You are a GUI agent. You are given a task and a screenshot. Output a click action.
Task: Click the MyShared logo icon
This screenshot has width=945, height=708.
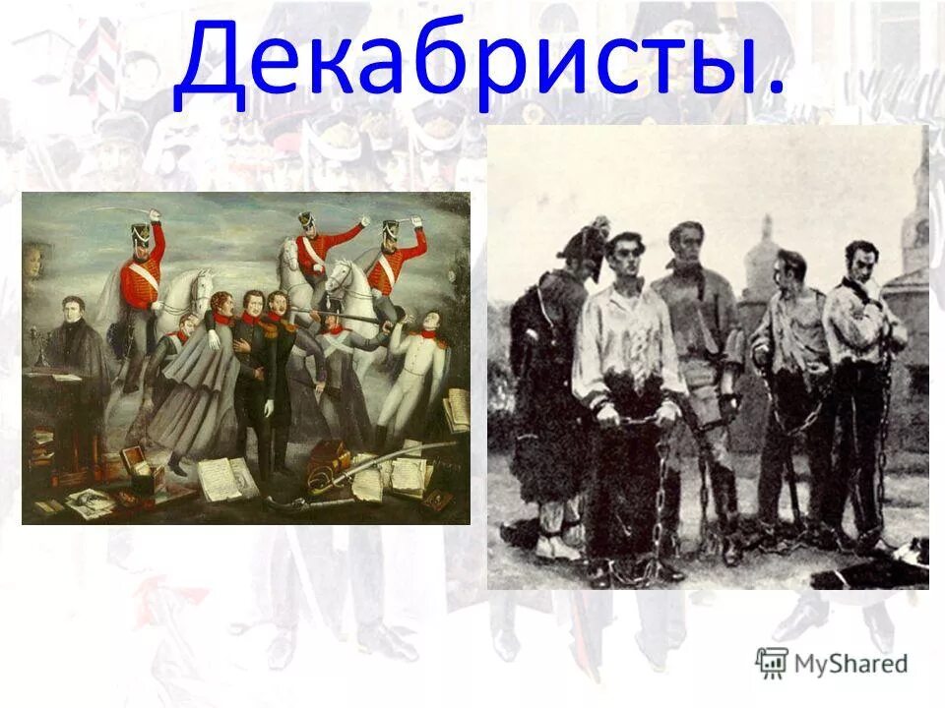click(x=772, y=663)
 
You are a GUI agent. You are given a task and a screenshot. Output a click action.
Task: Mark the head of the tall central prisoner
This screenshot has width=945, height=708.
click(x=687, y=245)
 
